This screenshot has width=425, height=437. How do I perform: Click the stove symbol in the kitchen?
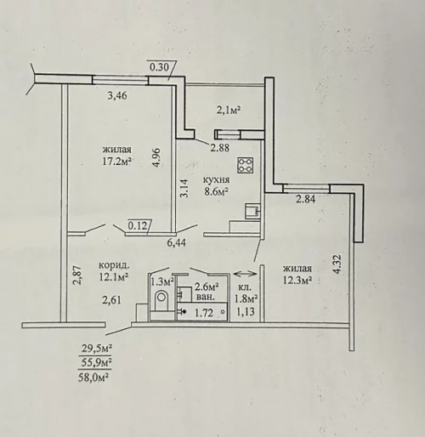[246, 165]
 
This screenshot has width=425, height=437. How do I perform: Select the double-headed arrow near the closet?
[245, 274]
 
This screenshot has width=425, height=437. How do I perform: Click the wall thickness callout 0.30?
[159, 67]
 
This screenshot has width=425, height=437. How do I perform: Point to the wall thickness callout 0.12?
[138, 226]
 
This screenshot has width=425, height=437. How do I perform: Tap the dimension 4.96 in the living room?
[157, 157]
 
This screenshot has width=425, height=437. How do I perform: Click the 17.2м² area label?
[117, 162]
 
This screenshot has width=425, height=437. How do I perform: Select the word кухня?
[217, 180]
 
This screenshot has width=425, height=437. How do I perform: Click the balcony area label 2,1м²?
[229, 110]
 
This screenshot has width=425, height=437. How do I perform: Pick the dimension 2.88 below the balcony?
[220, 148]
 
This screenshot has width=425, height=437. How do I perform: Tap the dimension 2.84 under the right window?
[306, 199]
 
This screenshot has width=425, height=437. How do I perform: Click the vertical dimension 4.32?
[338, 264]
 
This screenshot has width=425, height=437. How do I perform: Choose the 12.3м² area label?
[297, 280]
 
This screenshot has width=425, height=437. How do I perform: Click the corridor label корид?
[114, 266]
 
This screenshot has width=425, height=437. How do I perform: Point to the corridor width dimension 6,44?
[177, 243]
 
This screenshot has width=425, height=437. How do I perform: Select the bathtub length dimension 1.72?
[204, 313]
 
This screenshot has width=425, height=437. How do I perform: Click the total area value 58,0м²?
[94, 377]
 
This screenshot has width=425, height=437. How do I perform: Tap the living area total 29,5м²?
[96, 348]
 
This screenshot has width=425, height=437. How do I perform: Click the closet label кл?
[243, 288]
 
